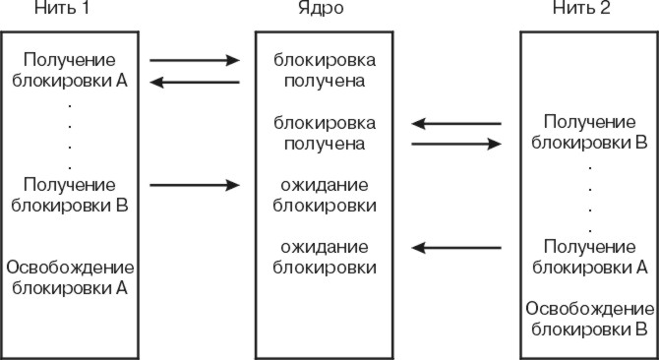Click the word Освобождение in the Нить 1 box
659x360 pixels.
70,268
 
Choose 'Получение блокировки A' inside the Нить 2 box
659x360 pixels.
588,256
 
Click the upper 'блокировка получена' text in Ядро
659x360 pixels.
324,70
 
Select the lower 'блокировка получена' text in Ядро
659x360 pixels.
324,133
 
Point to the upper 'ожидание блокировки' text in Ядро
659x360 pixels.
324,195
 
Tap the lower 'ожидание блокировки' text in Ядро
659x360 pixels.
324,256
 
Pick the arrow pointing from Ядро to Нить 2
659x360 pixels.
456,144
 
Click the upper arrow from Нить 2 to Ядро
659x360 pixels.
456,124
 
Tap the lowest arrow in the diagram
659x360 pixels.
456,247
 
